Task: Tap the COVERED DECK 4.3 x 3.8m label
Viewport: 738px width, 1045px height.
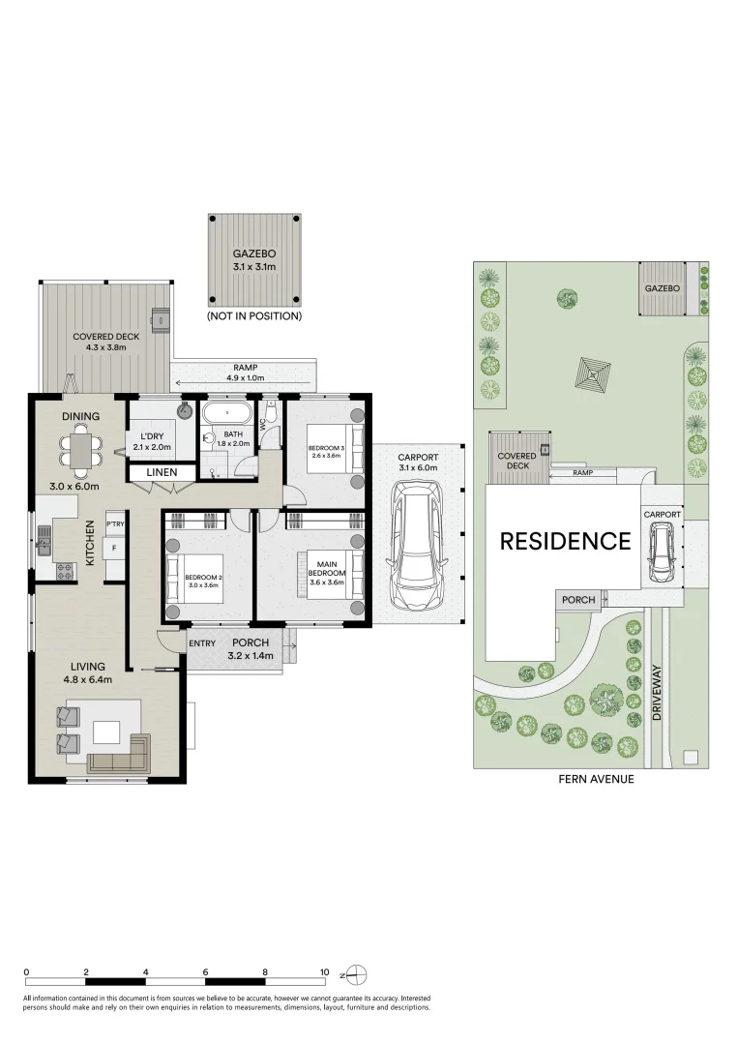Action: click(x=106, y=342)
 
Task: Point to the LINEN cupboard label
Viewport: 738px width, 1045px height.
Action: click(x=162, y=472)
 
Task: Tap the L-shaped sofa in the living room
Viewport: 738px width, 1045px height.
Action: click(x=120, y=754)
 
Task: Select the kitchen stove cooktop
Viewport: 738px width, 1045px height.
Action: click(x=65, y=570)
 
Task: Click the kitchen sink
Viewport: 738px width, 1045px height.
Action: click(x=44, y=539)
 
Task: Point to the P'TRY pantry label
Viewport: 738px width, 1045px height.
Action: click(x=115, y=523)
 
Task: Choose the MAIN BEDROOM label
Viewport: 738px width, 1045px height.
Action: click(x=327, y=569)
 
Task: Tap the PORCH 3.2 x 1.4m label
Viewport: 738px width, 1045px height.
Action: click(x=251, y=648)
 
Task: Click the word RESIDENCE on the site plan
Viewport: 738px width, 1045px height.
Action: click(x=566, y=541)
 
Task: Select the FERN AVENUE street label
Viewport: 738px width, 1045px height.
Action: click(x=596, y=778)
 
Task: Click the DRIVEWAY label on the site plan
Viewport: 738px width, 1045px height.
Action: click(x=657, y=692)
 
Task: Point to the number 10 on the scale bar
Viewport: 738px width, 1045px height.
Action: click(x=324, y=972)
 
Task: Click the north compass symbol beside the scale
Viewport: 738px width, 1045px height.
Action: click(x=358, y=975)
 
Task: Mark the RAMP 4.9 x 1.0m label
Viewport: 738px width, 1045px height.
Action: click(x=246, y=373)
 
